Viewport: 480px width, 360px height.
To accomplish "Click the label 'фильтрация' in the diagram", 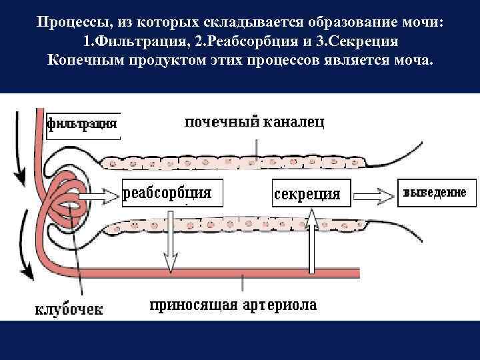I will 83,124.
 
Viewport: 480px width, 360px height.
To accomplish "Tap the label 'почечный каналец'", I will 255,123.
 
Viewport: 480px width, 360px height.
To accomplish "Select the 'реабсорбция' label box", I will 168,193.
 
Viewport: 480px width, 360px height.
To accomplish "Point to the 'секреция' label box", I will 307,194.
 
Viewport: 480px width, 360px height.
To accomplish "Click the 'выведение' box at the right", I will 434,192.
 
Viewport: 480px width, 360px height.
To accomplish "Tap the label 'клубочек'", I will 69,309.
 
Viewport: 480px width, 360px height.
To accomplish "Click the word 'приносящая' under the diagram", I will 193,306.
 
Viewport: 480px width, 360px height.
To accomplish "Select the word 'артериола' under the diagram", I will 280,306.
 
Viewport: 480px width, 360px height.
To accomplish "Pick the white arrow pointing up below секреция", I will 311,240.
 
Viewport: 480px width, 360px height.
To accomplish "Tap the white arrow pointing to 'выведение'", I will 373,195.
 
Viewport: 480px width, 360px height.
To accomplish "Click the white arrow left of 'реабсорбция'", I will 105,195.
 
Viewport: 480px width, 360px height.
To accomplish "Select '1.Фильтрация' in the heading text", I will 131,41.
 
